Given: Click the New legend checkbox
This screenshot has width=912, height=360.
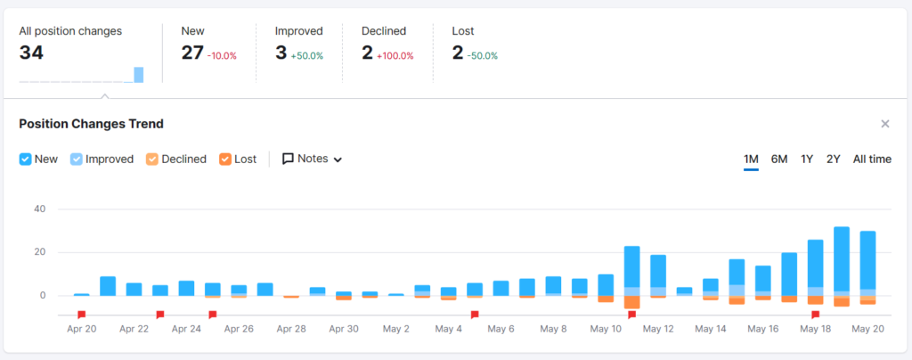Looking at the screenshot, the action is tap(25, 159).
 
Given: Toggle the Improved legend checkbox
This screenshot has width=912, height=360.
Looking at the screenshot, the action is tap(77, 159).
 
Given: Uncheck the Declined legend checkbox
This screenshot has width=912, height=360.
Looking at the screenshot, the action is tap(151, 159).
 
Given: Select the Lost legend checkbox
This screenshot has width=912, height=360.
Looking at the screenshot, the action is tap(225, 159).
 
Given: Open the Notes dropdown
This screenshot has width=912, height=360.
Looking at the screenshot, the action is tap(313, 159).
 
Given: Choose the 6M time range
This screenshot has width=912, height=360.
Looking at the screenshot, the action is tap(779, 160).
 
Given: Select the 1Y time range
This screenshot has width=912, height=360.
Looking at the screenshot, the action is tap(807, 160).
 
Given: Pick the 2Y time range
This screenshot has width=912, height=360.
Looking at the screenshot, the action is tap(834, 160).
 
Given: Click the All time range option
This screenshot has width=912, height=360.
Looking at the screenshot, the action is tap(872, 160).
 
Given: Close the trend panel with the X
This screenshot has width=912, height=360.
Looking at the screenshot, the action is tap(885, 124).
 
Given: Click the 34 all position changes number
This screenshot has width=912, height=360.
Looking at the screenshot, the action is tap(31, 53).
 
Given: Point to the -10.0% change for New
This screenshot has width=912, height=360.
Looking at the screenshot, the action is tap(222, 56).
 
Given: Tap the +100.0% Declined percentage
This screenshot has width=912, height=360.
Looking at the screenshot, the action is tap(395, 56).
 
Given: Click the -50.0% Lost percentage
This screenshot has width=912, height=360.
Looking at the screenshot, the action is tap(483, 56).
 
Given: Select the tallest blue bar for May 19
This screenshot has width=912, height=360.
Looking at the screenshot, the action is tap(842, 258).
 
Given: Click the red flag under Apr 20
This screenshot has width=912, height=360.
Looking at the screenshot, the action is tap(81, 315).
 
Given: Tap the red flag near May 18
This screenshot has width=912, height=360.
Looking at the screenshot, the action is tap(816, 315).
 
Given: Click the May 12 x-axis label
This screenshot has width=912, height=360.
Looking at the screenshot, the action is tap(658, 329).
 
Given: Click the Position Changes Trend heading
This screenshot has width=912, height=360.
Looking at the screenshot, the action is tap(92, 124).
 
